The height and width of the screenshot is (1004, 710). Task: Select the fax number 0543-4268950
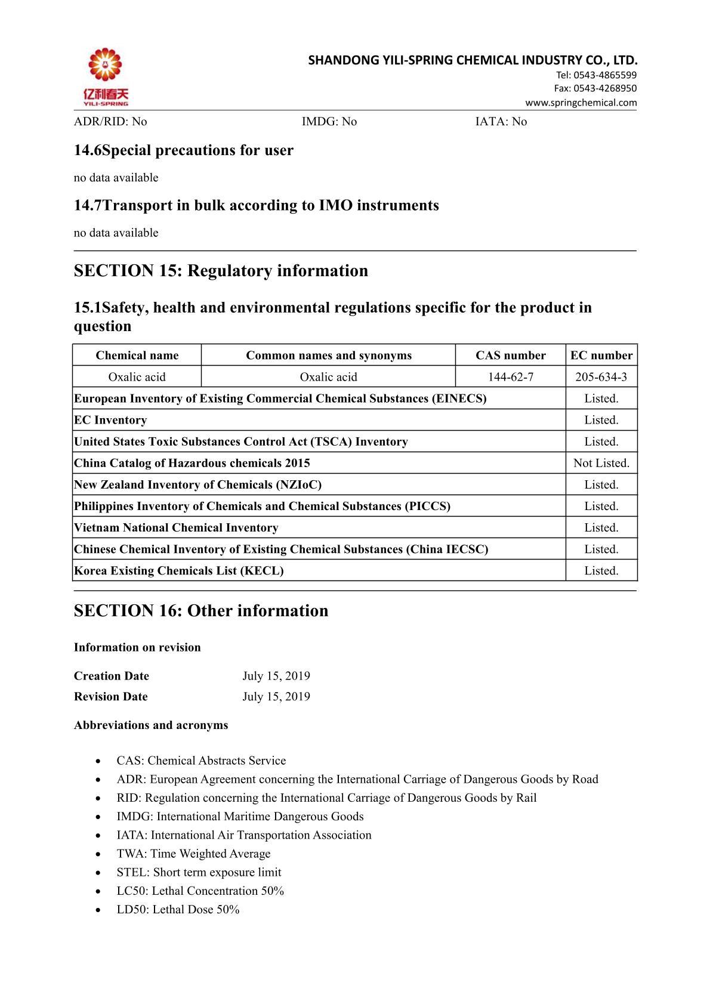(x=595, y=88)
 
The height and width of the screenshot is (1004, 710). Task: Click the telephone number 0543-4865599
(x=596, y=75)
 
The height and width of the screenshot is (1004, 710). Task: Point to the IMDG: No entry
(x=329, y=122)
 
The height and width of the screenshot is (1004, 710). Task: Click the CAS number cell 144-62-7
(x=510, y=377)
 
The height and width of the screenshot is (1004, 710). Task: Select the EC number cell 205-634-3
(x=601, y=377)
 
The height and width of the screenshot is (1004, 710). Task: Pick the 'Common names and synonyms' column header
(x=329, y=356)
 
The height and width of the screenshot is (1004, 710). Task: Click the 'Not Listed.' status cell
(x=601, y=463)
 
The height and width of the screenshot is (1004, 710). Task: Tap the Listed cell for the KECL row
(x=601, y=570)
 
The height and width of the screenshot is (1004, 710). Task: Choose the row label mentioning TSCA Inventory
(x=241, y=441)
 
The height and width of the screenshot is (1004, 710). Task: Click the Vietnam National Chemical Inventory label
(x=176, y=527)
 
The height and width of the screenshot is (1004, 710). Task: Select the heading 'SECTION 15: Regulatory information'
(x=221, y=271)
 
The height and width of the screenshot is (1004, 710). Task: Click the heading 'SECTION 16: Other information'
(x=201, y=611)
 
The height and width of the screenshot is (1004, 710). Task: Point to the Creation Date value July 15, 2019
(x=276, y=676)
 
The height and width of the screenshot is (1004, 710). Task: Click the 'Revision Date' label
(x=111, y=696)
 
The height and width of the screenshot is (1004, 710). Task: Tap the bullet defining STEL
(x=199, y=872)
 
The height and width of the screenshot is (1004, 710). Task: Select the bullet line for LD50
(x=178, y=909)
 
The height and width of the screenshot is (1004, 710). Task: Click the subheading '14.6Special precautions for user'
(x=184, y=150)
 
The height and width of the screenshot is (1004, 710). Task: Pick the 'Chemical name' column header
(x=137, y=356)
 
